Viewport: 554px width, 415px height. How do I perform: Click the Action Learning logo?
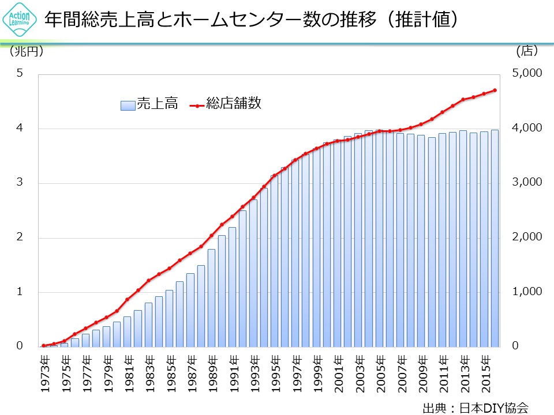pyautogui.click(x=20, y=20)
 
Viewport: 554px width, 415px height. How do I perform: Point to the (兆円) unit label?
pyautogui.click(x=26, y=52)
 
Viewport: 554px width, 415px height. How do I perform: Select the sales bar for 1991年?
pyautogui.click(x=233, y=288)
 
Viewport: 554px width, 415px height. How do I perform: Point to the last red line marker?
pyautogui.click(x=495, y=90)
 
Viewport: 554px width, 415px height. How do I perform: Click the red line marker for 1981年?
pyautogui.click(x=128, y=300)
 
